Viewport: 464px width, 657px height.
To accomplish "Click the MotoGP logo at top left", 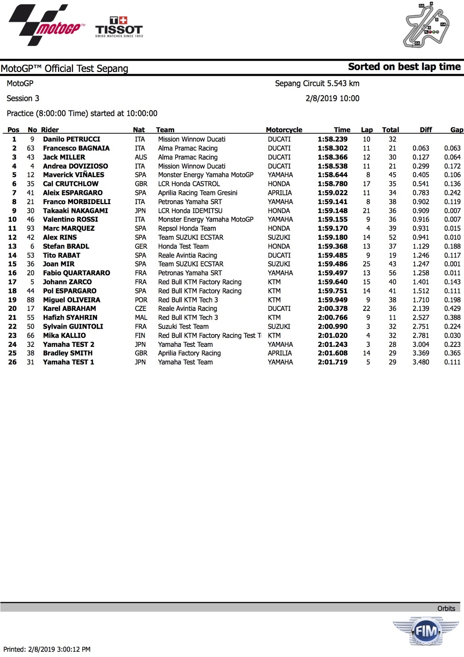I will (45, 25).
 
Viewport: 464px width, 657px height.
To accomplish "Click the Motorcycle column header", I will (284, 130).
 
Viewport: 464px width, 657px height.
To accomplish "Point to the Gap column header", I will (456, 130).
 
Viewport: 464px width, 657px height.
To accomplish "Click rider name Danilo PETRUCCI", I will (72, 139).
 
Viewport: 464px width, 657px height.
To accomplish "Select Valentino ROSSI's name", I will (70, 219).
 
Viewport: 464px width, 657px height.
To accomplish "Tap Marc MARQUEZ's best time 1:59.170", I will (333, 229).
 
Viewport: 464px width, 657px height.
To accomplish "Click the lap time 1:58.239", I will (333, 139).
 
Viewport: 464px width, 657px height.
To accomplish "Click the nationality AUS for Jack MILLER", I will (141, 157).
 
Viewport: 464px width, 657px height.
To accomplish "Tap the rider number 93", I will (31, 229).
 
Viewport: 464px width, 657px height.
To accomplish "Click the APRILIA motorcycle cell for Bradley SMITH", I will (280, 353).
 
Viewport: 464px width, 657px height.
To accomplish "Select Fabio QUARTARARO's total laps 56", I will (392, 273).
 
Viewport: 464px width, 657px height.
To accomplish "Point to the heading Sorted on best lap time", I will (404, 67).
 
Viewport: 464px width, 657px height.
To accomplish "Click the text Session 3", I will (23, 99).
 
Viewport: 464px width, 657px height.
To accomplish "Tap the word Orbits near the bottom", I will (446, 609).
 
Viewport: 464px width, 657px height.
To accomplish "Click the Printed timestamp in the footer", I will (47, 649).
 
